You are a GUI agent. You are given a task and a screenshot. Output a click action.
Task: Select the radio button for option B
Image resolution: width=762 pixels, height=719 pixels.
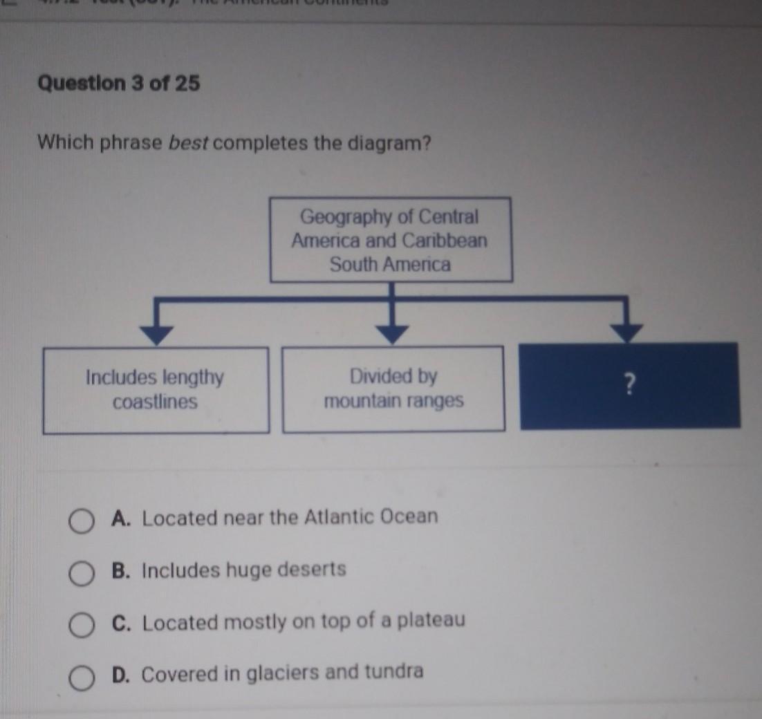pos(81,574)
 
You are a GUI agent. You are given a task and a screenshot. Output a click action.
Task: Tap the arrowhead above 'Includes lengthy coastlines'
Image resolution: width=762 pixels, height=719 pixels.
pos(158,335)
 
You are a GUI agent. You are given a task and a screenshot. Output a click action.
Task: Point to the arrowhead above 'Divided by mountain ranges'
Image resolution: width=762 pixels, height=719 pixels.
pos(392,335)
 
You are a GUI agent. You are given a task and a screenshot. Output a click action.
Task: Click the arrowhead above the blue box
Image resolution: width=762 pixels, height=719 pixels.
pos(628,333)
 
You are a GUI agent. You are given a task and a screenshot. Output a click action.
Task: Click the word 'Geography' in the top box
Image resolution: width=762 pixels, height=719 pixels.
pos(344,217)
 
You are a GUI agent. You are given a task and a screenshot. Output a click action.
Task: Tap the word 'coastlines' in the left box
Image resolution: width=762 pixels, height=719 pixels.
pos(155,402)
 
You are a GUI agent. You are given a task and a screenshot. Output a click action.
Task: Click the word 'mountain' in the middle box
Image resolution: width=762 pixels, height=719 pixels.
pos(360,401)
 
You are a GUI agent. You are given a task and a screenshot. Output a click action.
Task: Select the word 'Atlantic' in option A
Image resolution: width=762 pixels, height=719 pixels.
pos(340,516)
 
